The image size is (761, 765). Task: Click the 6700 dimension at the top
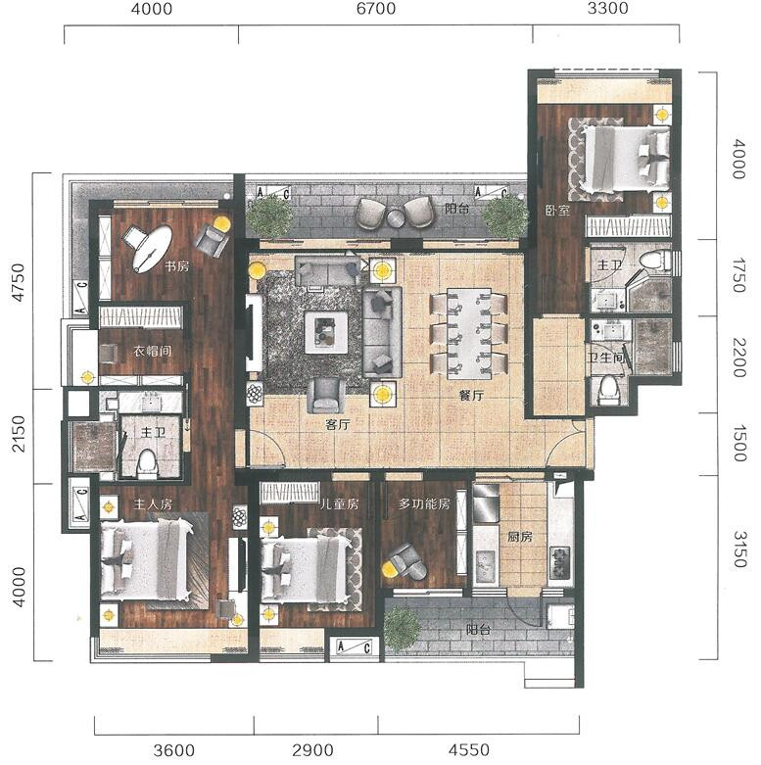point(376,9)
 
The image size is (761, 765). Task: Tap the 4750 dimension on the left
point(18,282)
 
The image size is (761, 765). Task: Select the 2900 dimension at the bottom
point(312,750)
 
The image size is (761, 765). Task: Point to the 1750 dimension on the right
point(739,275)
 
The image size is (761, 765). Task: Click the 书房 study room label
point(176,266)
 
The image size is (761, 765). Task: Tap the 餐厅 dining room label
point(471,395)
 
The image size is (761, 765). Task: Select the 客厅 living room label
point(338,424)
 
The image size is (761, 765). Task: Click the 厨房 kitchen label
point(519,537)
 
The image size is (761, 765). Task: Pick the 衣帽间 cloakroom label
point(152,351)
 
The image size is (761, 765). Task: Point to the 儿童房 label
point(339,503)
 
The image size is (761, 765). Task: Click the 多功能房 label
point(424,503)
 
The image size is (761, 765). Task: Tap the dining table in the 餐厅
point(469,334)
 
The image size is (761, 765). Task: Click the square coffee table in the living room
point(326,333)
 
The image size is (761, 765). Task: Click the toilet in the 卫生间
point(608,390)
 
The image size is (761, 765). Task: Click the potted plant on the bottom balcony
point(402,629)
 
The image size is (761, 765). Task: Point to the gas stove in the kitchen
point(560,562)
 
